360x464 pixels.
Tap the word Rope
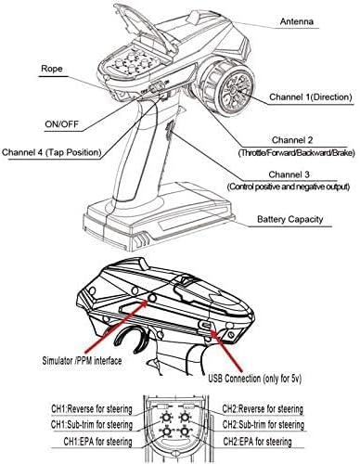pos(52,69)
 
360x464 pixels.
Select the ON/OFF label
pos(62,124)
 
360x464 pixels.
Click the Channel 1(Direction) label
pos(311,97)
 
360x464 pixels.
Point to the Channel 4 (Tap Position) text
pos(52,152)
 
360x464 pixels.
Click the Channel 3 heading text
pos(289,174)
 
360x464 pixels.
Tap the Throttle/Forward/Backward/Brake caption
pos(296,153)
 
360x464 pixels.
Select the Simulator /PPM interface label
pos(82,360)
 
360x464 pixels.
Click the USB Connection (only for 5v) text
pos(254,378)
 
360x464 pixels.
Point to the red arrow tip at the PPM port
pos(148,300)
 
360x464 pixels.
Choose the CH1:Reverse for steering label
pos(92,409)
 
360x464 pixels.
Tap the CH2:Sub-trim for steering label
pos(264,424)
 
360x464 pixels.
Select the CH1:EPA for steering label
pos(97,441)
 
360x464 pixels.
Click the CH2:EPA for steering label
pos(257,441)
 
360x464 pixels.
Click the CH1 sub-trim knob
pos(166,418)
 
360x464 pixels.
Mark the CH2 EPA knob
pos(185,432)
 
